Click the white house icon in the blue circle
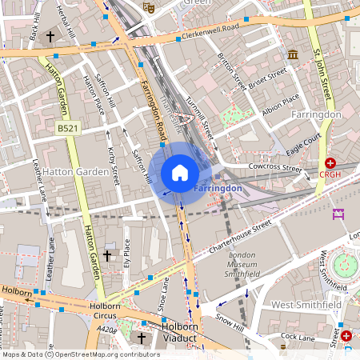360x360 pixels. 180,172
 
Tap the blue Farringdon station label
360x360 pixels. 218,188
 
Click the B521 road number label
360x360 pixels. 68,128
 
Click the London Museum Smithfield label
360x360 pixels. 241,265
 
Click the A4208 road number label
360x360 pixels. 106,328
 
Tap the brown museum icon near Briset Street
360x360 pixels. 293,54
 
